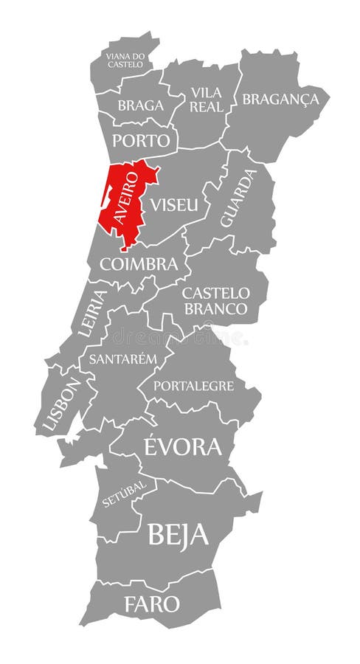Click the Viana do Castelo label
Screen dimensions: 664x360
124,59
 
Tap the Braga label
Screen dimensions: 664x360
140,106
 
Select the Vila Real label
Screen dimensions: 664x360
206,99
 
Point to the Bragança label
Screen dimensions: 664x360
280,99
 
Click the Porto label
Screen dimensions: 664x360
142,140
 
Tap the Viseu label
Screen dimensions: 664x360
174,204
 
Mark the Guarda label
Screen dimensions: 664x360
238,198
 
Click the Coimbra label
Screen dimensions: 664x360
139,263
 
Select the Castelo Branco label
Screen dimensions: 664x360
215,301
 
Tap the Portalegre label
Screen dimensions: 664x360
193,386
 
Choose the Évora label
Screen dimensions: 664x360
181,446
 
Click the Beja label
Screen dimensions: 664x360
178,534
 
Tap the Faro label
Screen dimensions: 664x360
151,604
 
